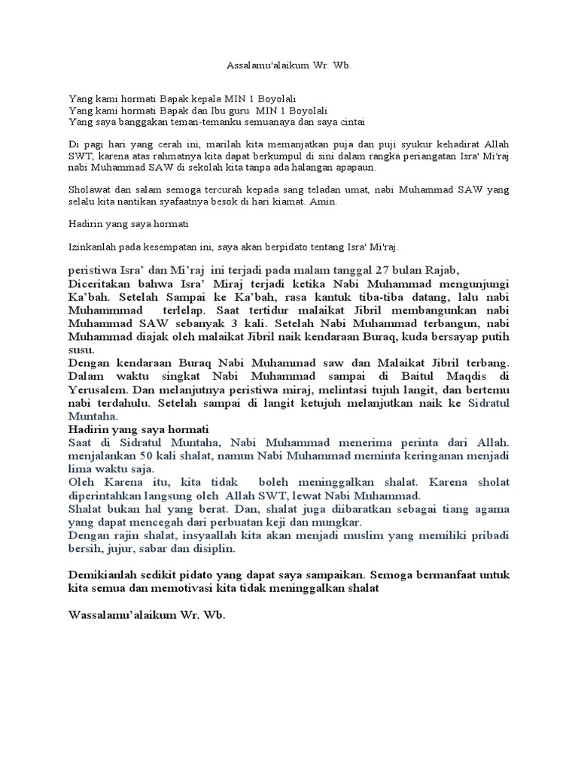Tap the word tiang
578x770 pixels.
coord(445,508)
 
